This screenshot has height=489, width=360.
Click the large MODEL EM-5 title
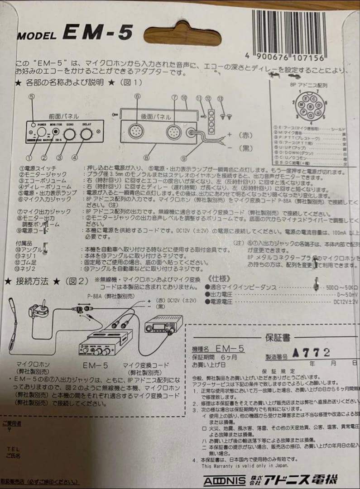(x=75, y=33)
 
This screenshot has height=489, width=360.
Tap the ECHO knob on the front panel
(x=69, y=134)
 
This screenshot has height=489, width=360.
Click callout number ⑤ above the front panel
(x=31, y=96)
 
